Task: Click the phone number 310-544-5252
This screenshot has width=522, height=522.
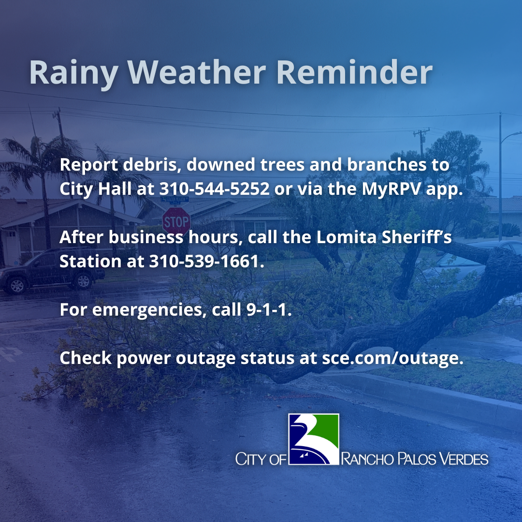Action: [215, 188]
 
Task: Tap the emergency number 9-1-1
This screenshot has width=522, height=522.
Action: [266, 309]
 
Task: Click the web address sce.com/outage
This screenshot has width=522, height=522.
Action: [389, 359]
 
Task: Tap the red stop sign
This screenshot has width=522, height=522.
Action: [176, 221]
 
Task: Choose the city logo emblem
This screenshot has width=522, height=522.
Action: [314, 439]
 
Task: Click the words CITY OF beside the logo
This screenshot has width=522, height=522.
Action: [261, 459]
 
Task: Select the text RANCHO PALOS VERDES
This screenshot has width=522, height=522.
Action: [415, 459]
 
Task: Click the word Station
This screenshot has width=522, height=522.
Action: [89, 261]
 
